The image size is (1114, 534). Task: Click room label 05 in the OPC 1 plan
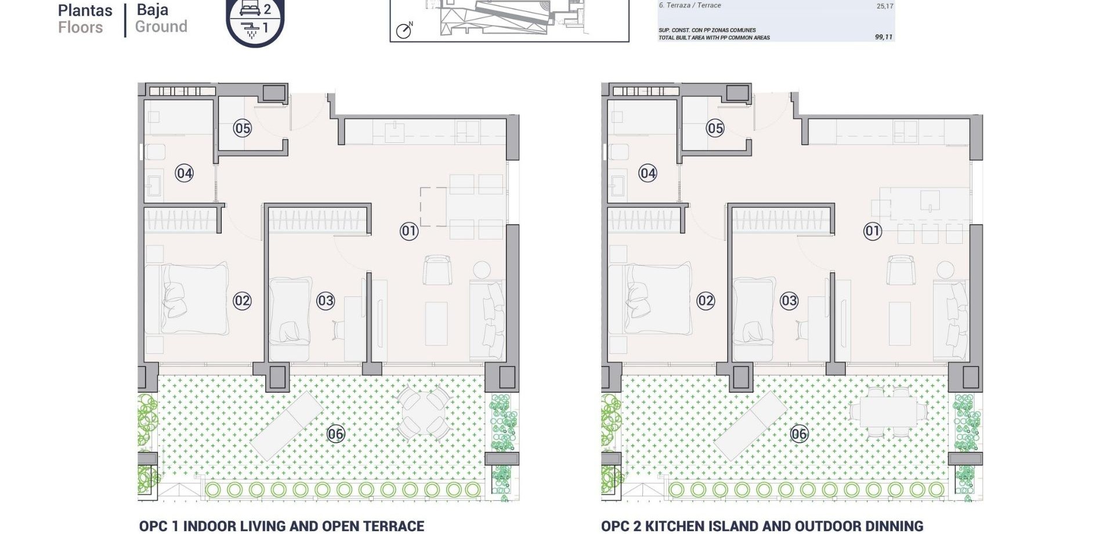pos(242,128)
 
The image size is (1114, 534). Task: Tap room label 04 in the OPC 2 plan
pos(648,173)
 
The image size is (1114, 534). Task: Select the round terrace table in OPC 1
pos(424,412)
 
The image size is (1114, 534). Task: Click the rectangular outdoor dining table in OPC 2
pos(888,412)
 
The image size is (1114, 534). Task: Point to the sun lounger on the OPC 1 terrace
pos(286,425)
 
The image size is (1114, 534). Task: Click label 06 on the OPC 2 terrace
pos(799,434)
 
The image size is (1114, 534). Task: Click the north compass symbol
pos(404,30)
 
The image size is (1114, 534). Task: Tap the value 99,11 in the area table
pos(883,37)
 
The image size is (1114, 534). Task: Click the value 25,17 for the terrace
pos(884,6)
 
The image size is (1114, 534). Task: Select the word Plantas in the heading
pos(85,10)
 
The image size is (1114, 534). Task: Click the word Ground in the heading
pos(161,27)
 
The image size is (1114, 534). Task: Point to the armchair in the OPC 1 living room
pos(437,270)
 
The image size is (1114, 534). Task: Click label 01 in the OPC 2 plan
pos(872,231)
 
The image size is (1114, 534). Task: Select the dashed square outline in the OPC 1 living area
pos(433,207)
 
